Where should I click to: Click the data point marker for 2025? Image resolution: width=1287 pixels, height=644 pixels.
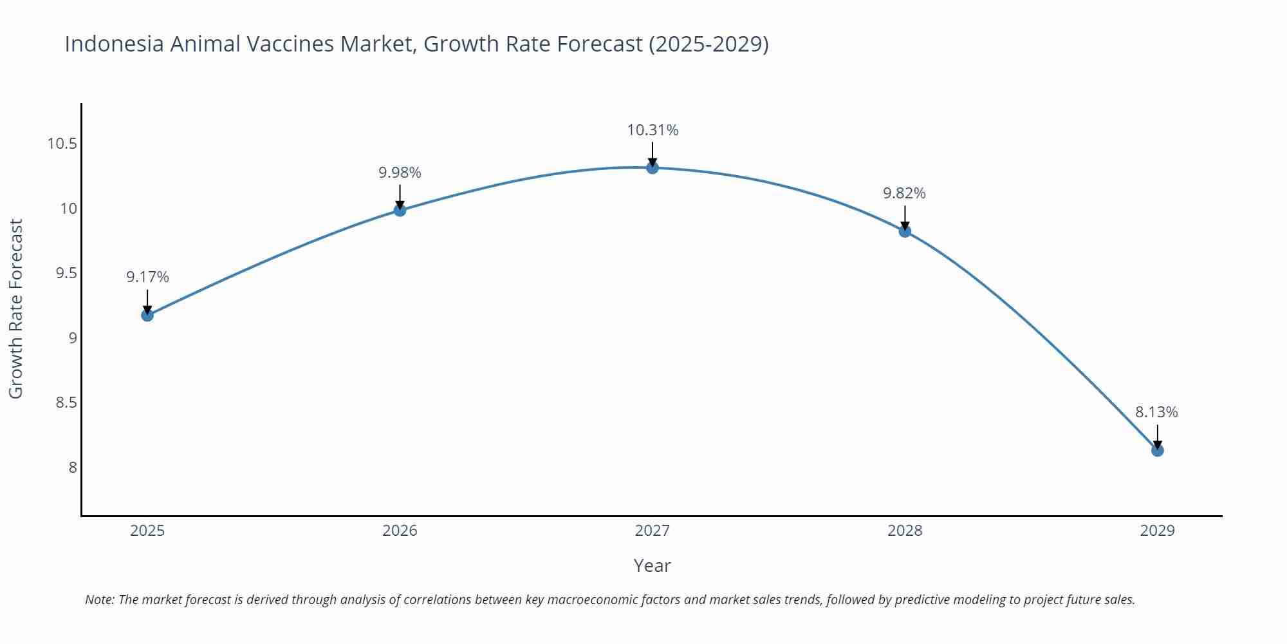click(147, 315)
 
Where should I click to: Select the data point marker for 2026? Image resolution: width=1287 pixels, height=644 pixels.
click(400, 210)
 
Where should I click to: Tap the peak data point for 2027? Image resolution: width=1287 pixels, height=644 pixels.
click(653, 168)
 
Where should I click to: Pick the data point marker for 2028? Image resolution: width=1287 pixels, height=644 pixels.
click(905, 231)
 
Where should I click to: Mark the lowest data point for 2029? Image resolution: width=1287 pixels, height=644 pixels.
click(1157, 450)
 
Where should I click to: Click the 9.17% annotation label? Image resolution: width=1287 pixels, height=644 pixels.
click(147, 277)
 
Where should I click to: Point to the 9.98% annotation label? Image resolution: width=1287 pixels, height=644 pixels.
click(400, 173)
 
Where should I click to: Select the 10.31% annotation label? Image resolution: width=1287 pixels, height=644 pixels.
click(653, 130)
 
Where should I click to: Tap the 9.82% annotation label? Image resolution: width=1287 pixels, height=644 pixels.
click(904, 193)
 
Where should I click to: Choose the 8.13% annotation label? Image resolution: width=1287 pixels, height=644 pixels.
click(1156, 412)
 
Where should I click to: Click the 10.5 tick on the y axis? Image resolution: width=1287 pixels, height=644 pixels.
click(62, 144)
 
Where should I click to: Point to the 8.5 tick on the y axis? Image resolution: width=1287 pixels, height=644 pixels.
click(66, 402)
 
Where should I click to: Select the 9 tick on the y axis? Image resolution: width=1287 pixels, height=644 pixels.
click(72, 338)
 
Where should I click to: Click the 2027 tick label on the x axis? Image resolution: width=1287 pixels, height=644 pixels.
click(653, 531)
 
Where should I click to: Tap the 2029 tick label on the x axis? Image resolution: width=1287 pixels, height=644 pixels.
click(1157, 531)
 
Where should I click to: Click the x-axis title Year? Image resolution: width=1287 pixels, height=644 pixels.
click(652, 565)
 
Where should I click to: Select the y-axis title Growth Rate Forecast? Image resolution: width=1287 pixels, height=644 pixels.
click(16, 308)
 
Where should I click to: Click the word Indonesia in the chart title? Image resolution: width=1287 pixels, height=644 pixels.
click(114, 44)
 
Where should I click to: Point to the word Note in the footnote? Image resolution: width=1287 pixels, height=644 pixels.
click(99, 600)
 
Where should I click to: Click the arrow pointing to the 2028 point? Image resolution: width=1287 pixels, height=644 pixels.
click(905, 218)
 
